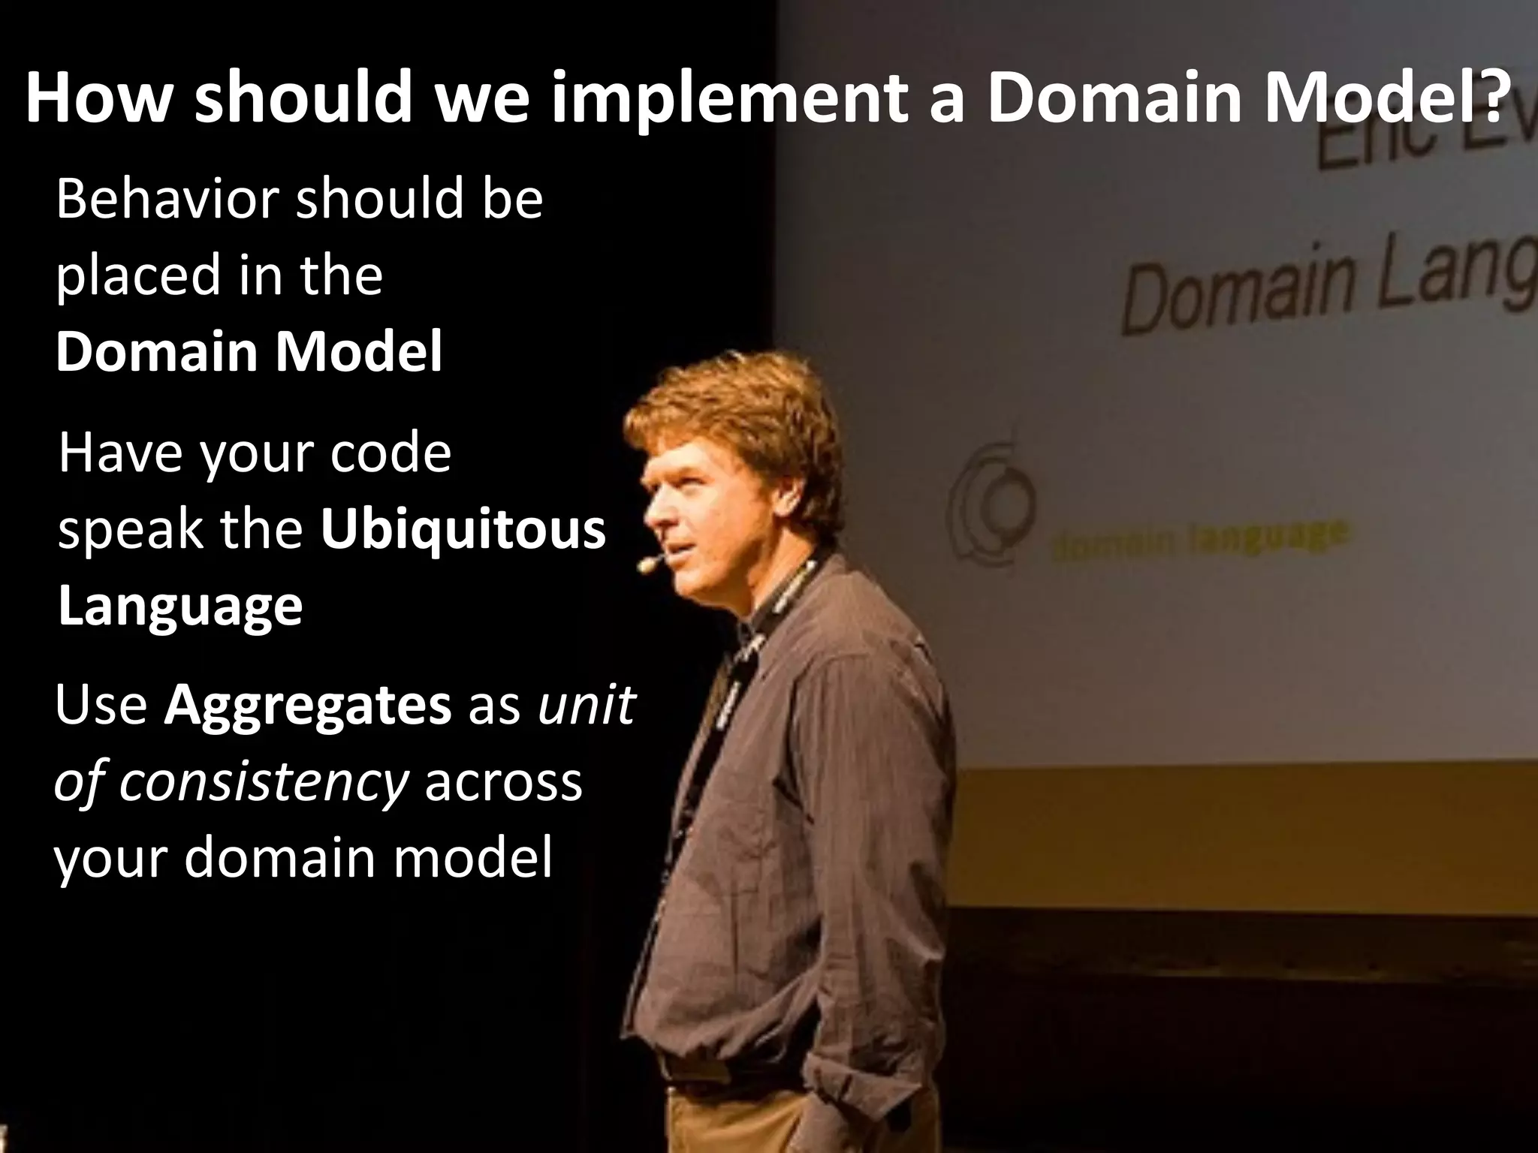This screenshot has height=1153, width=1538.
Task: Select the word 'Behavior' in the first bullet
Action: tap(171, 200)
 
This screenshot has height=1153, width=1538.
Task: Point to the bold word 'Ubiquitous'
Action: tap(463, 530)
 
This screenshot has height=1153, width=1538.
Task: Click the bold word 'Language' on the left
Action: tap(180, 607)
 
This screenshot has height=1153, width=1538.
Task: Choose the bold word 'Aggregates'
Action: tap(308, 706)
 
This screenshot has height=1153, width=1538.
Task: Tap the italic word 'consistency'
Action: tap(263, 782)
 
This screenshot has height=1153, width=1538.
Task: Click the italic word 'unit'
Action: tap(587, 706)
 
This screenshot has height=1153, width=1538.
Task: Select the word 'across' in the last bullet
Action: tap(504, 782)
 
